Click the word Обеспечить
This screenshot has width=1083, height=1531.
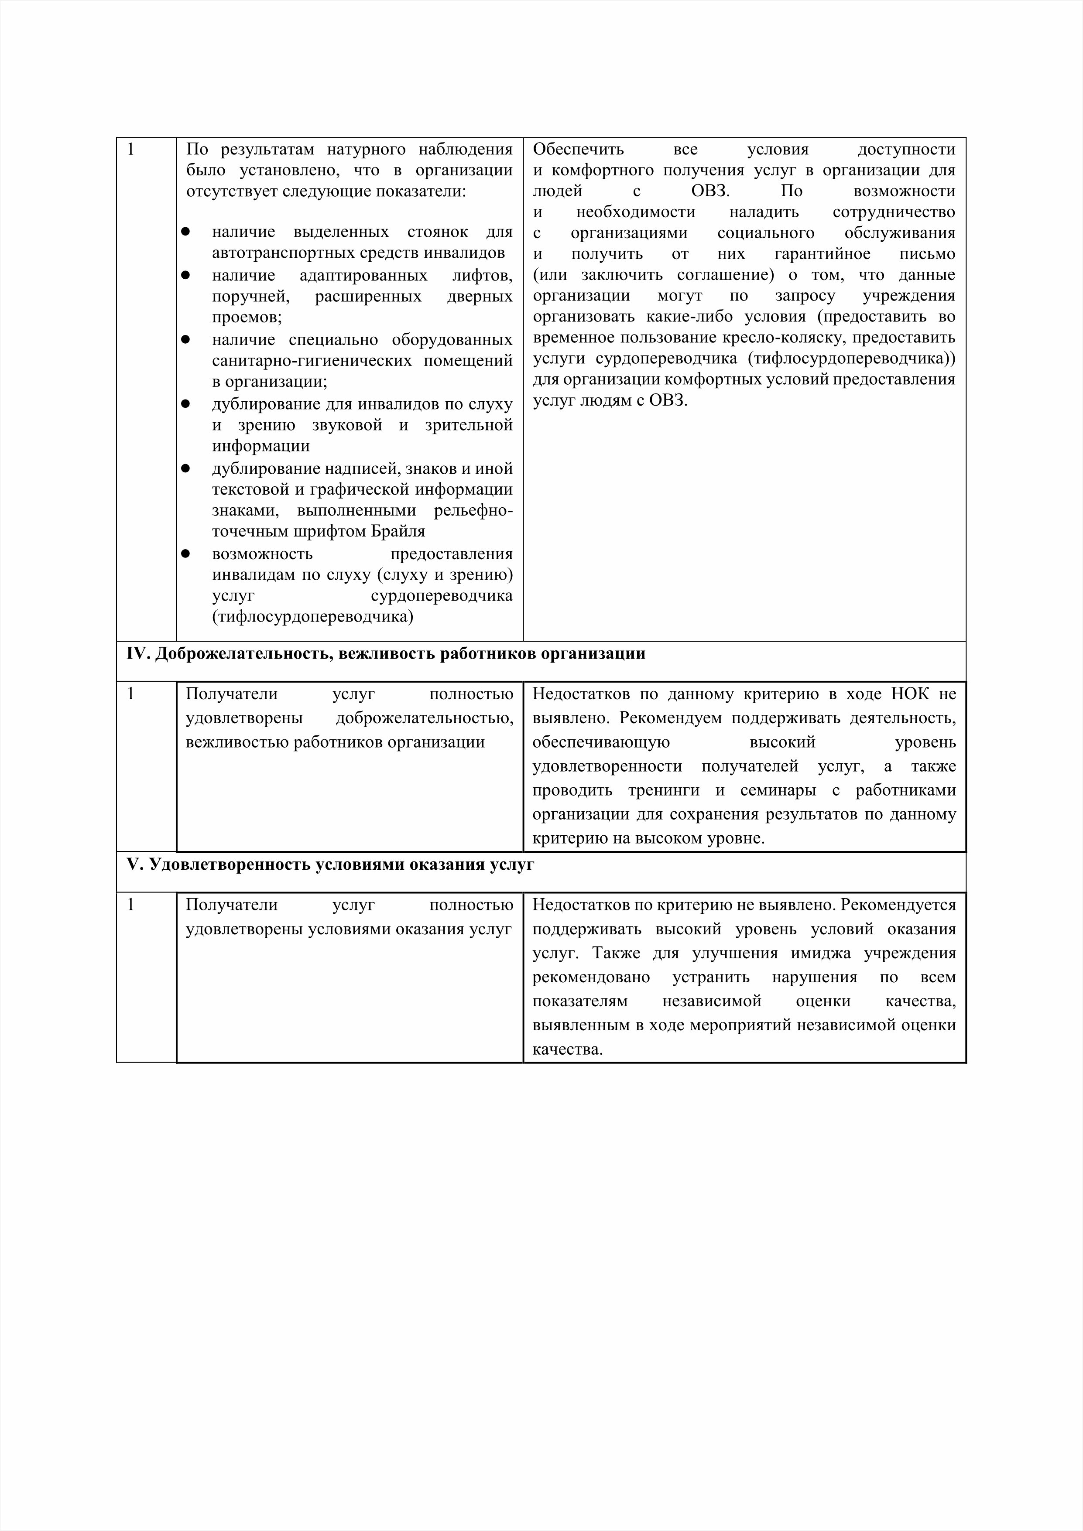tap(578, 149)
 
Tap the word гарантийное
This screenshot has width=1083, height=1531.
tap(822, 254)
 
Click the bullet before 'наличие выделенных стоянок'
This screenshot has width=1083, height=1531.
tap(186, 232)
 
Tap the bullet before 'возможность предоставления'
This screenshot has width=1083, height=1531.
tap(186, 554)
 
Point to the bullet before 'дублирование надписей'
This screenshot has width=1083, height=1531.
tap(186, 469)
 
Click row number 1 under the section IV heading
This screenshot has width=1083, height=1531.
tap(131, 694)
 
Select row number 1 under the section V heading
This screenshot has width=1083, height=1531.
tap(131, 905)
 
